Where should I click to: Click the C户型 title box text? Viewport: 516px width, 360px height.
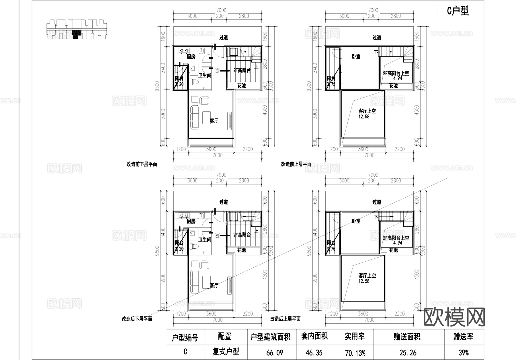tap(458, 11)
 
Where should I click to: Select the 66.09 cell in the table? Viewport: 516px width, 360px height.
tap(275, 353)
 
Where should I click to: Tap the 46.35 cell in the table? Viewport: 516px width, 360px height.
tap(314, 353)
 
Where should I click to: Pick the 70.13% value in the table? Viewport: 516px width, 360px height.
tap(355, 353)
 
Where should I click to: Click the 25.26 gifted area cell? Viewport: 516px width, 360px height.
tap(408, 353)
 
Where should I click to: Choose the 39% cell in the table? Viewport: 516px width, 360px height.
tap(463, 353)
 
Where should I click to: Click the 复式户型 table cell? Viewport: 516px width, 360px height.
tap(226, 352)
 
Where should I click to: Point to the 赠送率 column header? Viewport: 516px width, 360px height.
tap(463, 337)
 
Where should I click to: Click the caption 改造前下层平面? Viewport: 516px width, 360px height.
tap(142, 164)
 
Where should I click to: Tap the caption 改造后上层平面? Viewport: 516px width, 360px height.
tap(285, 319)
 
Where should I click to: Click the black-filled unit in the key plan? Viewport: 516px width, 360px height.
tap(76, 34)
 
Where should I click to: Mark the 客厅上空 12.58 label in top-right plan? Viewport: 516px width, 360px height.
tap(367, 114)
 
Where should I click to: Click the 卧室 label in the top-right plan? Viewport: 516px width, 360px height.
tap(356, 57)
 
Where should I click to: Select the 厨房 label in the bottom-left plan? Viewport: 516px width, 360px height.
tap(191, 221)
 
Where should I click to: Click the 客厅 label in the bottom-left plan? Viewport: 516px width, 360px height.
tap(214, 285)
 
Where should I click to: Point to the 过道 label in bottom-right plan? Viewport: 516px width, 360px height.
tap(377, 202)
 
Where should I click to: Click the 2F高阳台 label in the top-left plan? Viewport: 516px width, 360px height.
tap(242, 71)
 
